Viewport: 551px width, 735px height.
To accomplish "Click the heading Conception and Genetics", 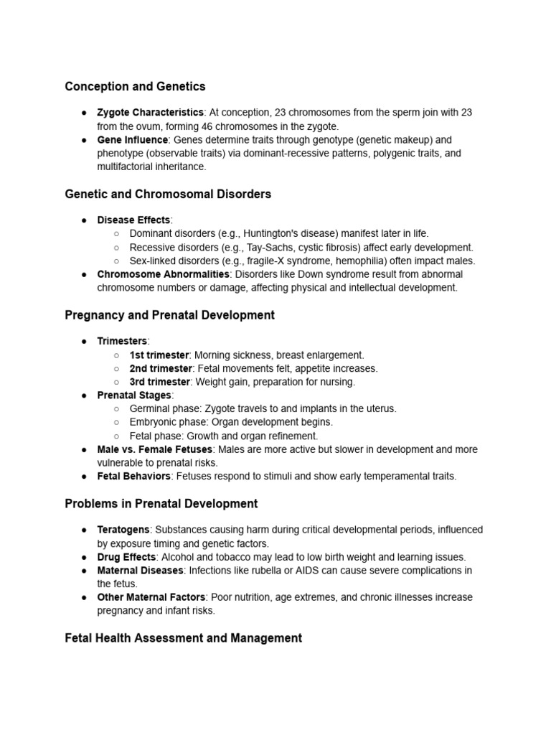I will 135,86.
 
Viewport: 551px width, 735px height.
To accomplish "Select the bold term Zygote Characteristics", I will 151,113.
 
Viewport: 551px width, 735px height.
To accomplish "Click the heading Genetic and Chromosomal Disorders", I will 168,194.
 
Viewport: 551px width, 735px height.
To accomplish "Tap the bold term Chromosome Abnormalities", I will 163,274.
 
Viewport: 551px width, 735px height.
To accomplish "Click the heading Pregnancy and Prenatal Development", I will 169,315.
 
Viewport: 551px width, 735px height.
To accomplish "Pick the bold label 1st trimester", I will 159,355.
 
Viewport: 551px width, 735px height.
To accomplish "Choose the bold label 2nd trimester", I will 160,368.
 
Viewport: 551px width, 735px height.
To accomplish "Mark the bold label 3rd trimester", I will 159,382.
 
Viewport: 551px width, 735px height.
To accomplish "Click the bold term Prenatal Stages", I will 134,395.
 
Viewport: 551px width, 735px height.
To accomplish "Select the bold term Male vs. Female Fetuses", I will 155,449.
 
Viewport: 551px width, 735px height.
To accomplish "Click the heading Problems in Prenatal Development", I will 161,503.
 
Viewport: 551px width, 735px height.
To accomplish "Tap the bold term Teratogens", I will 123,530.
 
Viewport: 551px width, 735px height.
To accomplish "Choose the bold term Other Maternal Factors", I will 151,597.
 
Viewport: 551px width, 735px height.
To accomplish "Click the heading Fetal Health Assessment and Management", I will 183,637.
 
